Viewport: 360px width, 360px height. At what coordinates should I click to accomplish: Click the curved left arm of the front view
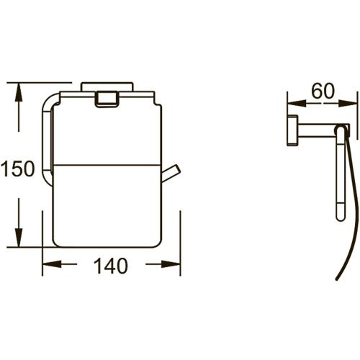(x=47, y=137)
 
